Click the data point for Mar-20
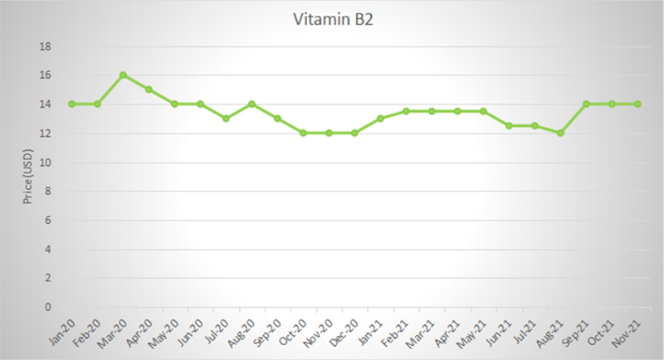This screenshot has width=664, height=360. (123, 75)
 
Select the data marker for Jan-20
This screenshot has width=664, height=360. (71, 105)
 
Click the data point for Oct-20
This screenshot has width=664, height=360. (303, 133)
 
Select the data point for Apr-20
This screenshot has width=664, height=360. (149, 90)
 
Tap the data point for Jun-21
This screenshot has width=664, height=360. (509, 126)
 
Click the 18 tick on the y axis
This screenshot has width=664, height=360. (46, 46)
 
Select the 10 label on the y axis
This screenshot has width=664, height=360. (46, 163)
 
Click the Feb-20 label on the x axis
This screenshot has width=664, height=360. (90, 331)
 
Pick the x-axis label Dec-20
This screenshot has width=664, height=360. (347, 331)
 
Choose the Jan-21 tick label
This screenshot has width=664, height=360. (373, 331)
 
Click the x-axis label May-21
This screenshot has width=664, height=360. (475, 331)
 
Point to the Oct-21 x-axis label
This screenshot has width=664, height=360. (604, 331)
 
